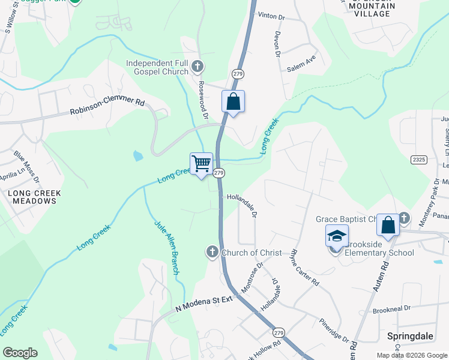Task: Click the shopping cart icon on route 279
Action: click(201, 164)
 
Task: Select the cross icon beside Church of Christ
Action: click(212, 252)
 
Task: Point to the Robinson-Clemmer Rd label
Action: click(107, 107)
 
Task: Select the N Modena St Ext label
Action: click(204, 304)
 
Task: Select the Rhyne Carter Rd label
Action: click(304, 267)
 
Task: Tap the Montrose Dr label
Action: click(252, 277)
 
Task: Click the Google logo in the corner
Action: click(20, 353)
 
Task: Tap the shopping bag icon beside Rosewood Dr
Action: click(233, 101)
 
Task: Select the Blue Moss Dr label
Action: click(26, 168)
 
